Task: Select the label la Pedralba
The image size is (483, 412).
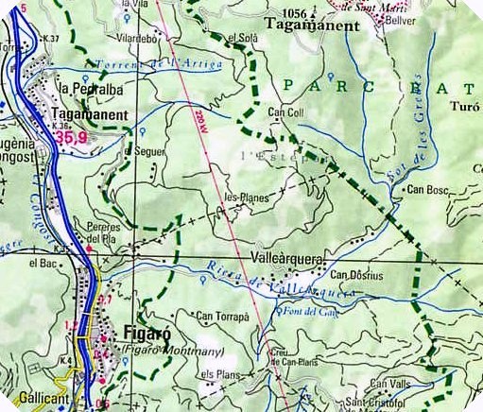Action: point(92,89)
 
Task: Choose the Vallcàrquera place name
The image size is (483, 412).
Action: point(288,256)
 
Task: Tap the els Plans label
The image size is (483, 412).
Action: point(222,375)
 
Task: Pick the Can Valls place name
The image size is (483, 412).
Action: point(390,383)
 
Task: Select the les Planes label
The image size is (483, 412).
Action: point(247,197)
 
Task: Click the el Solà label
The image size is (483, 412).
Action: point(243,37)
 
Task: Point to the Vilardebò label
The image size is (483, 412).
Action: point(135,39)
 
